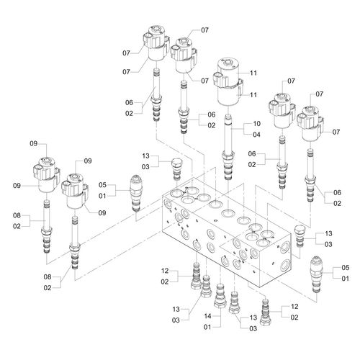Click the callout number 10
tap(256, 124)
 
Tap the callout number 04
tap(256, 135)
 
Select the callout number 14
tap(207, 316)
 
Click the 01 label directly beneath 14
tap(207, 327)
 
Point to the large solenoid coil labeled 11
tap(228, 81)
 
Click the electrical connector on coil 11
tap(219, 80)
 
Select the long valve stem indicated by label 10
tap(228, 147)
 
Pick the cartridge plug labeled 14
tap(220, 296)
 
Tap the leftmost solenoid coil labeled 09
tap(47, 175)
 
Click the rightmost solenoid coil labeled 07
tap(310, 124)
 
